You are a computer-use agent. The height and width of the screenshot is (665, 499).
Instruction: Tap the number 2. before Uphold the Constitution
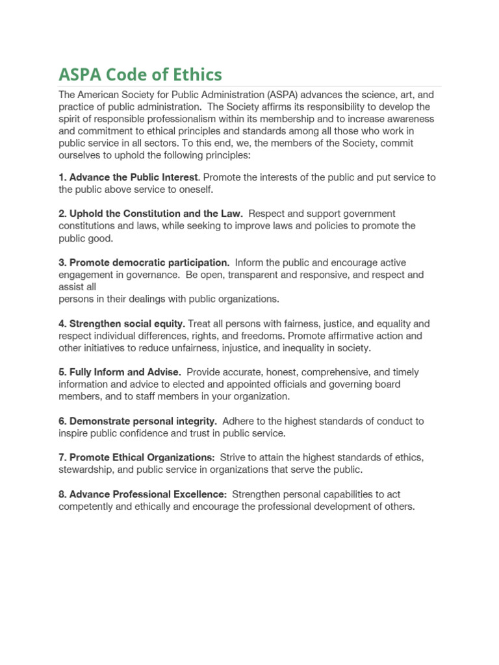62,214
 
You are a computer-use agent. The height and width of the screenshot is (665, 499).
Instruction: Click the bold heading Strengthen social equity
127,323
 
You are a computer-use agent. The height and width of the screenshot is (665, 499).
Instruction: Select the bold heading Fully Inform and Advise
124,372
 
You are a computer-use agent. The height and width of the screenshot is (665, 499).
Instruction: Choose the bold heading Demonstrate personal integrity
143,421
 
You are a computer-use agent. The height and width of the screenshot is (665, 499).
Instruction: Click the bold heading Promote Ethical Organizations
142,457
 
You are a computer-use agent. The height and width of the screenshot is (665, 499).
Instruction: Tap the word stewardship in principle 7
86,470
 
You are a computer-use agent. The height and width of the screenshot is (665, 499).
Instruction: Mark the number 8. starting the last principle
62,494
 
